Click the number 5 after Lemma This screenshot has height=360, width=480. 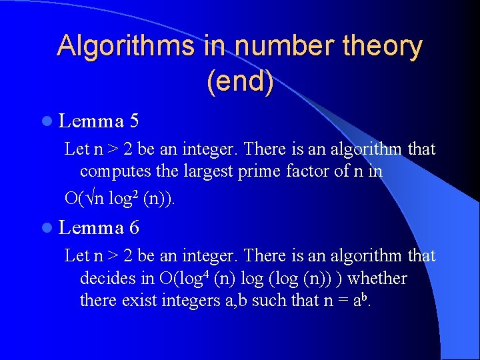pos(135,121)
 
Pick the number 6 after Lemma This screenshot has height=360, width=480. pos(135,229)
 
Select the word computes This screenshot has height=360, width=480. pos(112,171)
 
